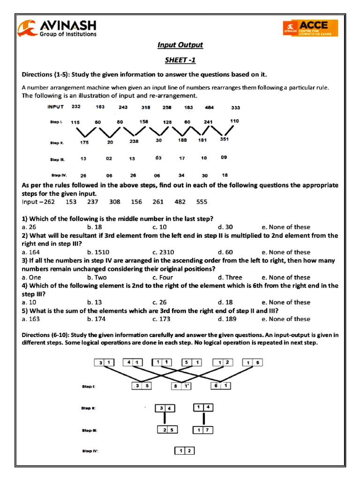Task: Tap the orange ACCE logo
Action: click(310, 28)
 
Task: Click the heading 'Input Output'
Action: click(180, 45)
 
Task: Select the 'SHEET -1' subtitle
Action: click(180, 60)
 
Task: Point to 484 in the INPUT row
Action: click(210, 107)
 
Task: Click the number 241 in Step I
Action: click(208, 122)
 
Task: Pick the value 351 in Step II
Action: click(225, 139)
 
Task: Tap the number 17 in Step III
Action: click(182, 158)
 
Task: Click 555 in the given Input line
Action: click(202, 202)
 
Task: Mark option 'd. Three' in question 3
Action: click(230, 277)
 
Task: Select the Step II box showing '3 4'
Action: click(166, 408)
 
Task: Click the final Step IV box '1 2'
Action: click(185, 451)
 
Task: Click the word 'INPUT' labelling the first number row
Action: click(56, 107)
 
